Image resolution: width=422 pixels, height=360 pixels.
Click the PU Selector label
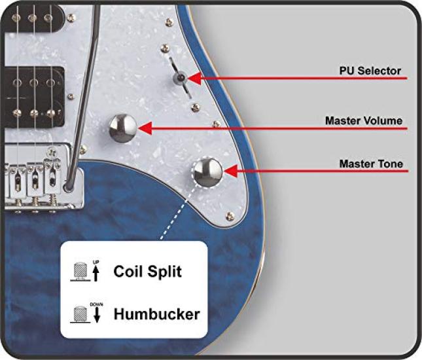point(370,71)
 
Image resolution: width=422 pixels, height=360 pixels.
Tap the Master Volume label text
point(364,120)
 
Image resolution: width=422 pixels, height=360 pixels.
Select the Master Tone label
point(371,164)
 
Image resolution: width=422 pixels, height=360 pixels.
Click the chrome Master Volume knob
point(123,128)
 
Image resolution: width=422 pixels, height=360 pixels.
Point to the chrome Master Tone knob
point(208,172)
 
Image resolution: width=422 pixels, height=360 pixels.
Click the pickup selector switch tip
point(181,77)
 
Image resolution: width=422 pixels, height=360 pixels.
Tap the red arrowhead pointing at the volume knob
point(145,128)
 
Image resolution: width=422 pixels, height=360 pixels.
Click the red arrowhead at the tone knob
point(230,171)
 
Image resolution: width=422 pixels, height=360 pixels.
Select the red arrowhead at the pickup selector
point(194,79)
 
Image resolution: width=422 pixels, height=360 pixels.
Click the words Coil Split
point(147,272)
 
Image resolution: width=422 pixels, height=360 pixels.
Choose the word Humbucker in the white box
point(156,314)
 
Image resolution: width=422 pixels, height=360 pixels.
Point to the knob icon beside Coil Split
point(80,272)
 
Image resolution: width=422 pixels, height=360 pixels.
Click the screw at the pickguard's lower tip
point(230,216)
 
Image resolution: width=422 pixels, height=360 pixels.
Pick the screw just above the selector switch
point(165,48)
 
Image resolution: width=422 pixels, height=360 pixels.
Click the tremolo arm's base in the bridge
point(69,186)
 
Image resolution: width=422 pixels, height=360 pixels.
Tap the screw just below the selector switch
point(195,107)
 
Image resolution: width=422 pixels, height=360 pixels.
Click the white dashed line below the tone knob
point(177,213)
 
